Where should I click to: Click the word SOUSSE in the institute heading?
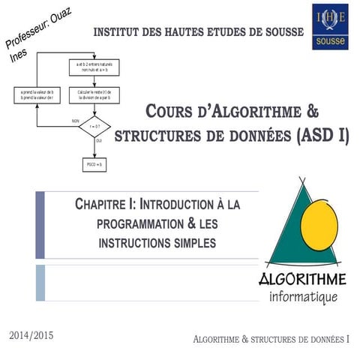(276, 32)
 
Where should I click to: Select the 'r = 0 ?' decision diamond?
(94, 126)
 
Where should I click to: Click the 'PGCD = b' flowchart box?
(94, 163)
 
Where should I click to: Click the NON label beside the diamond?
(75, 121)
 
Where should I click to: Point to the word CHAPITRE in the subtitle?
(106, 204)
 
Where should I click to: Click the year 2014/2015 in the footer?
(32, 331)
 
